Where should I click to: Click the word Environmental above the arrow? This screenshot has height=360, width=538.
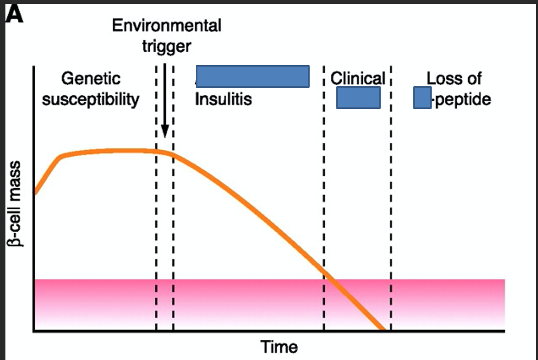click(166, 25)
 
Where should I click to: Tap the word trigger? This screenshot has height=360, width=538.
click(166, 46)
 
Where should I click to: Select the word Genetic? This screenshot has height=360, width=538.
click(91, 79)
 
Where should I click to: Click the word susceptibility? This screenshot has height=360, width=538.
click(91, 100)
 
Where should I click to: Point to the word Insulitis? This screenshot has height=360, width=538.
click(223, 100)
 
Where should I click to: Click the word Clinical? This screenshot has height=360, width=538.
click(358, 79)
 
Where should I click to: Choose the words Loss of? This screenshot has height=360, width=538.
click(454, 79)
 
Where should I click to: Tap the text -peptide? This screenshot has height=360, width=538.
click(462, 100)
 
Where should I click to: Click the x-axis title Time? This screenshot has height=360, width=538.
click(279, 346)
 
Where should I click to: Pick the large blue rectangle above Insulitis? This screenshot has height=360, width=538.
click(252, 76)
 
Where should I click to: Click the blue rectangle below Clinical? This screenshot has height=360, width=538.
click(358, 98)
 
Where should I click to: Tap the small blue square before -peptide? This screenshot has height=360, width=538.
click(422, 98)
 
